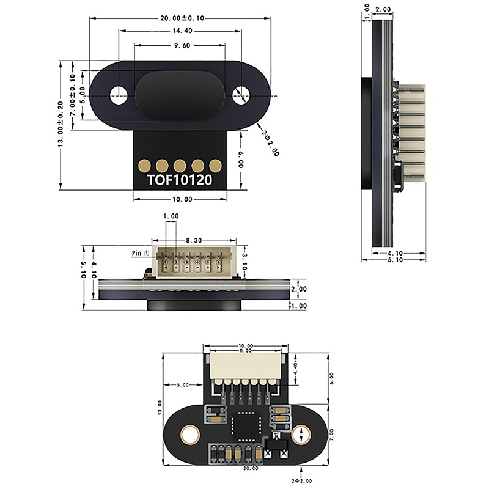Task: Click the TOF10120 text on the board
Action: [180, 182]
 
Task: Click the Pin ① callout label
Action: [141, 251]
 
